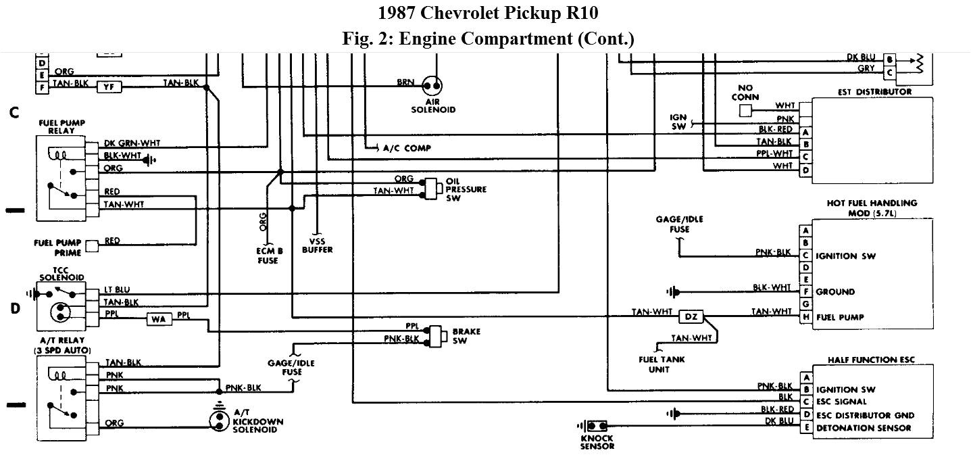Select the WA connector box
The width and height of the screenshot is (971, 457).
pos(159,319)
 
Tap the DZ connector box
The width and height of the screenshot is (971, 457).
pos(690,316)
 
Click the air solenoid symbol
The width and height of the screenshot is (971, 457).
pos(432,86)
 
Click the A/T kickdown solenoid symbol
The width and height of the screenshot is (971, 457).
pos(218,419)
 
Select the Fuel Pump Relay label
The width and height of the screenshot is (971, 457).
pos(62,126)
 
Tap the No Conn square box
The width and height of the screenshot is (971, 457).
pos(745,110)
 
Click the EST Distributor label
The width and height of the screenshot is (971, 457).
pos(875,91)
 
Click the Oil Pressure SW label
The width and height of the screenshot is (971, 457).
pos(466,190)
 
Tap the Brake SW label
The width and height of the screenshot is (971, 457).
pos(466,336)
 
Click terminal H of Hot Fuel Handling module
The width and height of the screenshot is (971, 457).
pos(805,317)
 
